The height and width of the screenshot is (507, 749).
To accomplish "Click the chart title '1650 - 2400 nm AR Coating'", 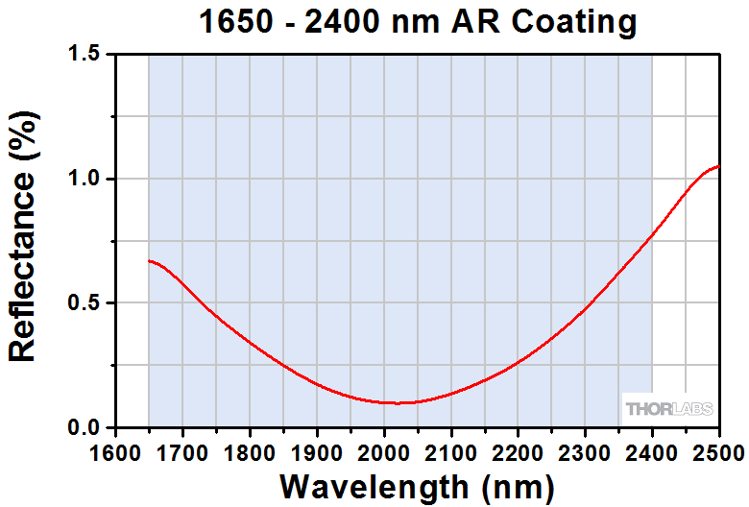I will click(416, 22).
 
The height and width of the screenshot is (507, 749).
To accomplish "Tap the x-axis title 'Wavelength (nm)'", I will click(416, 484).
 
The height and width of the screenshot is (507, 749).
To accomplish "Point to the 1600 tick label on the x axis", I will click(115, 451).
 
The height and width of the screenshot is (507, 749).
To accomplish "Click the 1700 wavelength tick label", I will click(182, 451).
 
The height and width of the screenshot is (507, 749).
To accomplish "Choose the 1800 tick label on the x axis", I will click(250, 451).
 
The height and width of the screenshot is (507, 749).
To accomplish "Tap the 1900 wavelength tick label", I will click(317, 451).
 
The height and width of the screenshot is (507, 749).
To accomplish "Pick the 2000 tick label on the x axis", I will click(384, 451).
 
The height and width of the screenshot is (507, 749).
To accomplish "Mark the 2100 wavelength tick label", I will click(451, 451).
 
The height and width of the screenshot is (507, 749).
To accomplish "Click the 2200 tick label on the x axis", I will click(519, 451).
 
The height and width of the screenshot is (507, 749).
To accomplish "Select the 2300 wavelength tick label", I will click(586, 451).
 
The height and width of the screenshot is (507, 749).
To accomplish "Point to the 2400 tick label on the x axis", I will click(653, 451).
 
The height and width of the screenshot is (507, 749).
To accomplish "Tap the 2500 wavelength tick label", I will click(718, 451).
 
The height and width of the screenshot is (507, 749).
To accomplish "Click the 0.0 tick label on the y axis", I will click(84, 428).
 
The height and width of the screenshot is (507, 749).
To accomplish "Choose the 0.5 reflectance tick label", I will click(84, 303).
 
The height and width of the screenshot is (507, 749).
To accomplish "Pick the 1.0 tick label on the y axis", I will click(84, 180).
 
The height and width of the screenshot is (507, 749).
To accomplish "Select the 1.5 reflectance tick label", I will click(84, 56).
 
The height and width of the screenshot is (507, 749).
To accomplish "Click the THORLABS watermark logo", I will click(669, 408).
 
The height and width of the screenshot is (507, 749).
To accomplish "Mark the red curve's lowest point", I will click(395, 402).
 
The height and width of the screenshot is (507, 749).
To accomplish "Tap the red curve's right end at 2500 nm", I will click(718, 166).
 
